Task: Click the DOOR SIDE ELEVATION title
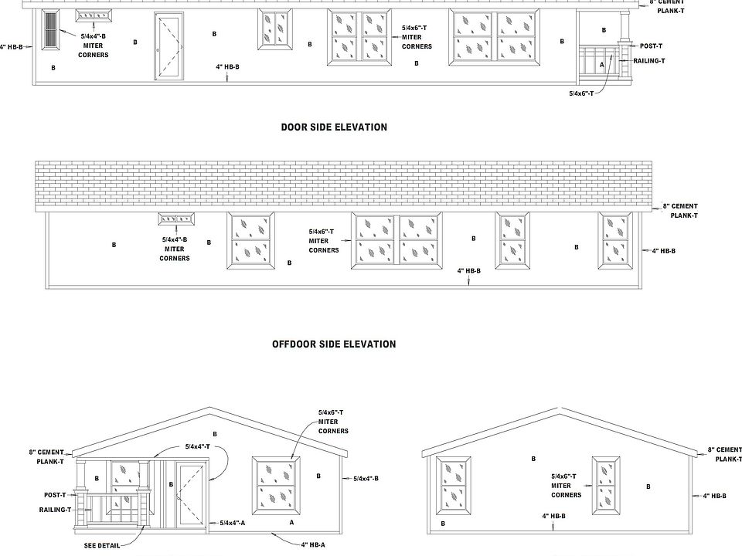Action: pyautogui.click(x=334, y=127)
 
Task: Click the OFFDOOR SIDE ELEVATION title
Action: pyautogui.click(x=334, y=344)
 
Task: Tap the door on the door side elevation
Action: pyautogui.click(x=170, y=46)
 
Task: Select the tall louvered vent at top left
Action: pyautogui.click(x=51, y=30)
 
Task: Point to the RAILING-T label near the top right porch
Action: pyautogui.click(x=649, y=60)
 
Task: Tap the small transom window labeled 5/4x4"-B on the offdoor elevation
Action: pyautogui.click(x=176, y=221)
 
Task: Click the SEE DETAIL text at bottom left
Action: pyautogui.click(x=102, y=545)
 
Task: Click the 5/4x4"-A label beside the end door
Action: pyautogui.click(x=232, y=523)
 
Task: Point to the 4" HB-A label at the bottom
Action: pyautogui.click(x=313, y=544)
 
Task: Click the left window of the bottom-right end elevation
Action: pyautogui.click(x=454, y=486)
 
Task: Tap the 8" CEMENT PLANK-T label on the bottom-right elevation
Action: pyautogui.click(x=724, y=454)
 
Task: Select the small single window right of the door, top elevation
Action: pyautogui.click(x=276, y=29)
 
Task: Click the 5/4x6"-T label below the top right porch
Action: pyautogui.click(x=580, y=93)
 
